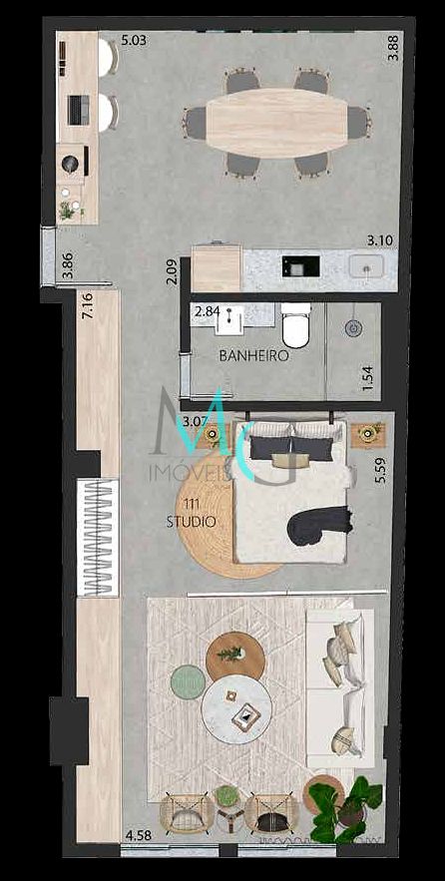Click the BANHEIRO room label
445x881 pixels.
click(x=253, y=355)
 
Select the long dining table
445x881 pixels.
click(x=276, y=123)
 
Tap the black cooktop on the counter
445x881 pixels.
click(x=300, y=265)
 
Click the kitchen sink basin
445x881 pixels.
click(x=366, y=266)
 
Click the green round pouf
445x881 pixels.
click(x=187, y=683)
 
